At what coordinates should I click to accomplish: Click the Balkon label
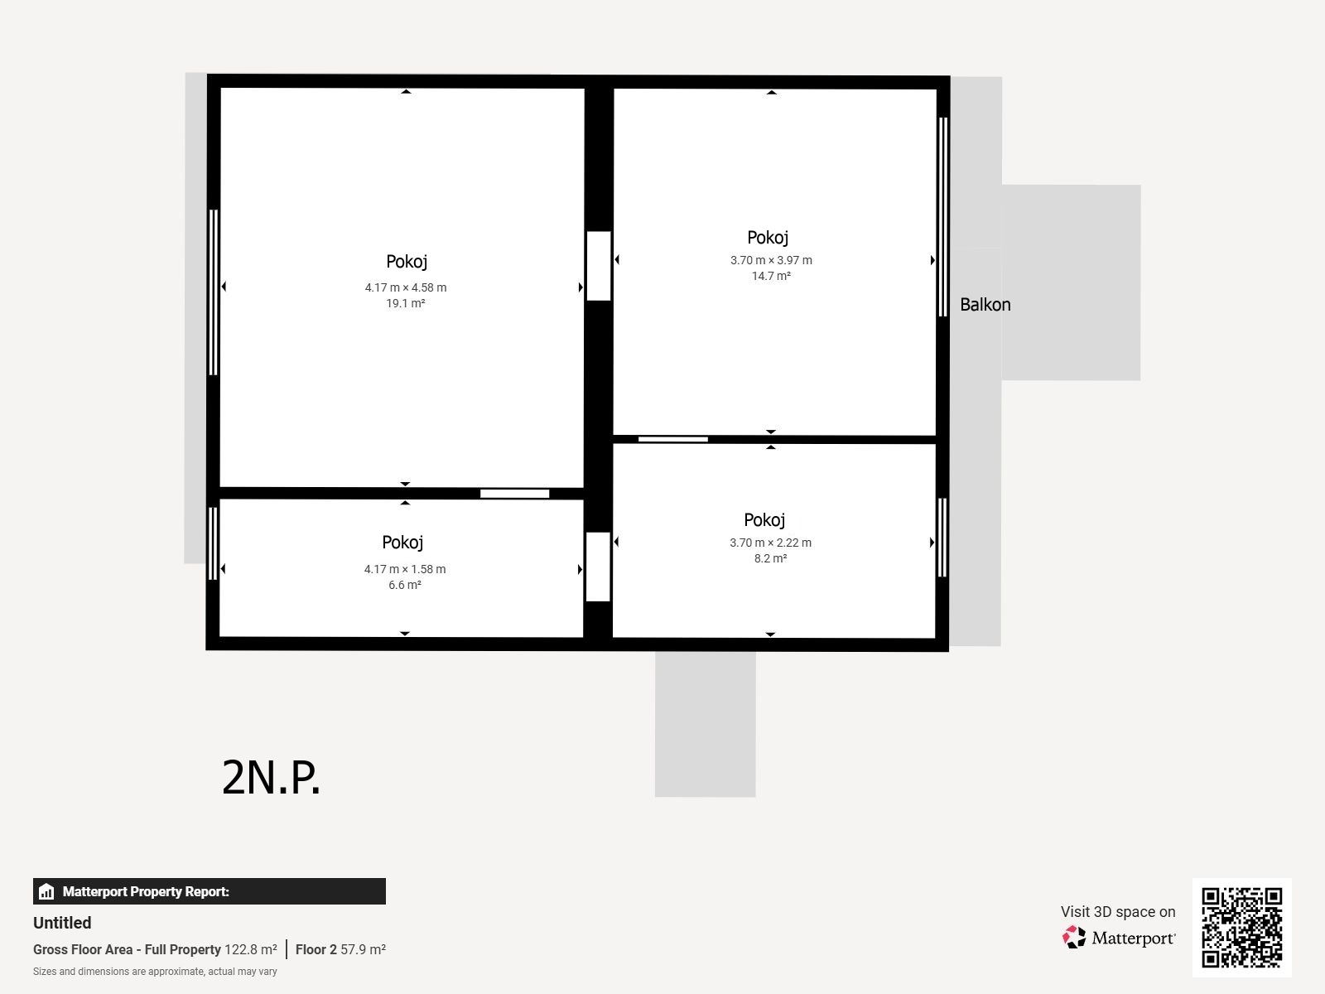(985, 305)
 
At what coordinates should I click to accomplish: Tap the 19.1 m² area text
(406, 303)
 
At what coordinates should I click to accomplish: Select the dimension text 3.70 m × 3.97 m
(771, 260)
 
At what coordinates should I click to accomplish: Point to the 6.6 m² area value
(405, 585)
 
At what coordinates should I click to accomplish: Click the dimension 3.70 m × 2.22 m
(770, 543)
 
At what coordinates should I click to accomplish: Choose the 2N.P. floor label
(271, 778)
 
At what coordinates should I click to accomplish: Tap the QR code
(1241, 928)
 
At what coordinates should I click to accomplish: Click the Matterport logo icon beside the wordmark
(1074, 938)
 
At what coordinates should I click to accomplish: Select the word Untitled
(62, 923)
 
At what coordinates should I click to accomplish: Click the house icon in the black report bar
(46, 891)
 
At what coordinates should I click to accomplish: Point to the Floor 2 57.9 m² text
(340, 949)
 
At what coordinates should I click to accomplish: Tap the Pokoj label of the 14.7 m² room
(768, 238)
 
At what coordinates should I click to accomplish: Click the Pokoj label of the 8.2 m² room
(764, 520)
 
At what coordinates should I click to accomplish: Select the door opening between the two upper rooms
(599, 266)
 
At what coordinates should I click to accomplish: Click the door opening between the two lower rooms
(598, 567)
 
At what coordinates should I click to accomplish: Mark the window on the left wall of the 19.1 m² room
(213, 292)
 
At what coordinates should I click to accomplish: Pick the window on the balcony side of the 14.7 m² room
(943, 217)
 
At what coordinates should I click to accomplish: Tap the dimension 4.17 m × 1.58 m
(405, 569)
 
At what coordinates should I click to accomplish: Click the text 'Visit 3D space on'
(1118, 912)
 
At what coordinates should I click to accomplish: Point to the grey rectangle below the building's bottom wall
(705, 724)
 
